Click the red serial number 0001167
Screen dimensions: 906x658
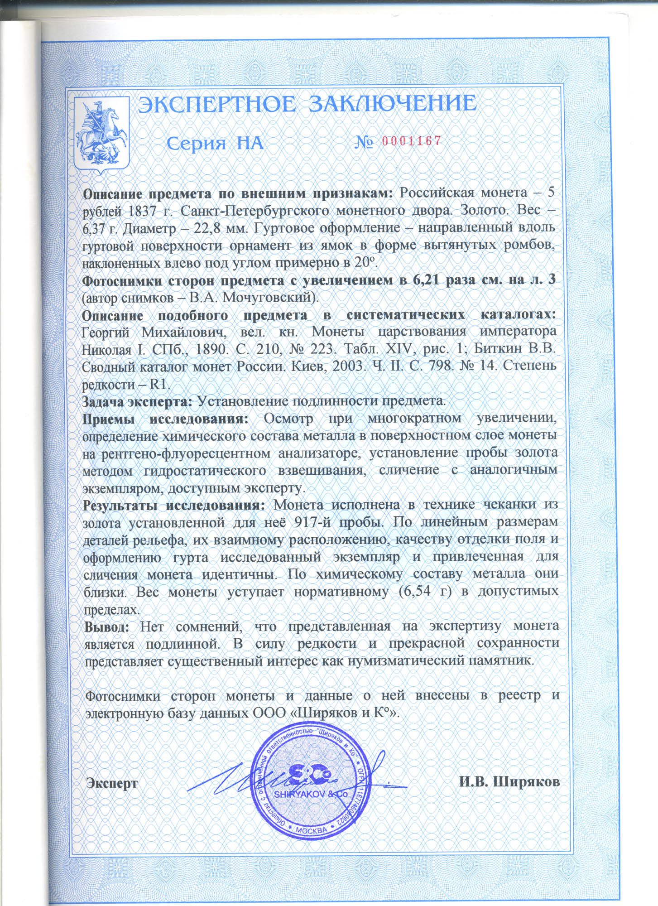tap(412, 141)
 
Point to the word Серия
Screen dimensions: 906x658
tap(196, 143)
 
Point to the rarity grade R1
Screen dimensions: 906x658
tap(159, 385)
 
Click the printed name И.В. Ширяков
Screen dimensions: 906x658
tap(509, 782)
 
